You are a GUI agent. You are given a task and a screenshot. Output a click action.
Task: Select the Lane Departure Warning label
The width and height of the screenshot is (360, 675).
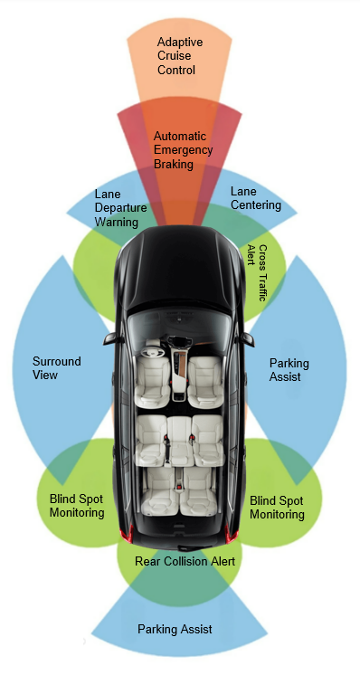point(117,207)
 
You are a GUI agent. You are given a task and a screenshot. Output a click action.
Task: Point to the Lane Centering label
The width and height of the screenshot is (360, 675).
point(255,198)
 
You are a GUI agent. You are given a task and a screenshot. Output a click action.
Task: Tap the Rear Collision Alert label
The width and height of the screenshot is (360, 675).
point(185,561)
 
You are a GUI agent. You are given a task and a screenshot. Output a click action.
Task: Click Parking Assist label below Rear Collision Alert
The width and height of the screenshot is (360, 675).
point(176,628)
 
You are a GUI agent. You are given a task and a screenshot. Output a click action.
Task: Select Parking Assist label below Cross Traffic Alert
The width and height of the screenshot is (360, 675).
point(289,370)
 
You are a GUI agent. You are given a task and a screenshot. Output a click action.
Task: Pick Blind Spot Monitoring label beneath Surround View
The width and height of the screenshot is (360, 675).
point(77,505)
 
